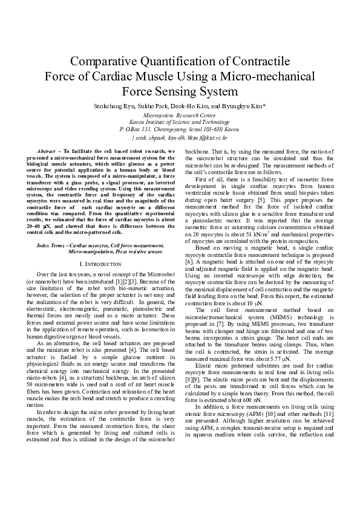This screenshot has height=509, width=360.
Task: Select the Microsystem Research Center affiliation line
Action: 179,114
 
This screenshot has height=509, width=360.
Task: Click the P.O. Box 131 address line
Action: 179,129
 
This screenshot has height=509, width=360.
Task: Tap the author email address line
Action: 179,137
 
